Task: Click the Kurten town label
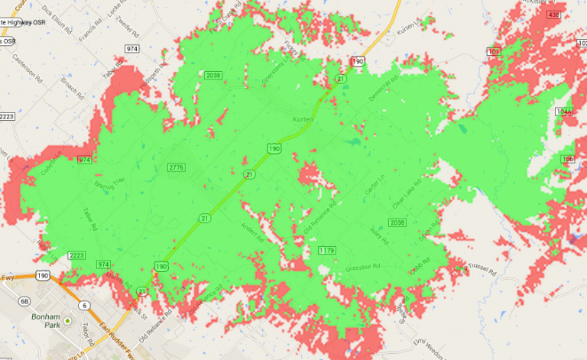tap(303, 119)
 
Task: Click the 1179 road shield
tap(327, 250)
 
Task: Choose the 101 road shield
tap(493, 51)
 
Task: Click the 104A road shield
tap(564, 112)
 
